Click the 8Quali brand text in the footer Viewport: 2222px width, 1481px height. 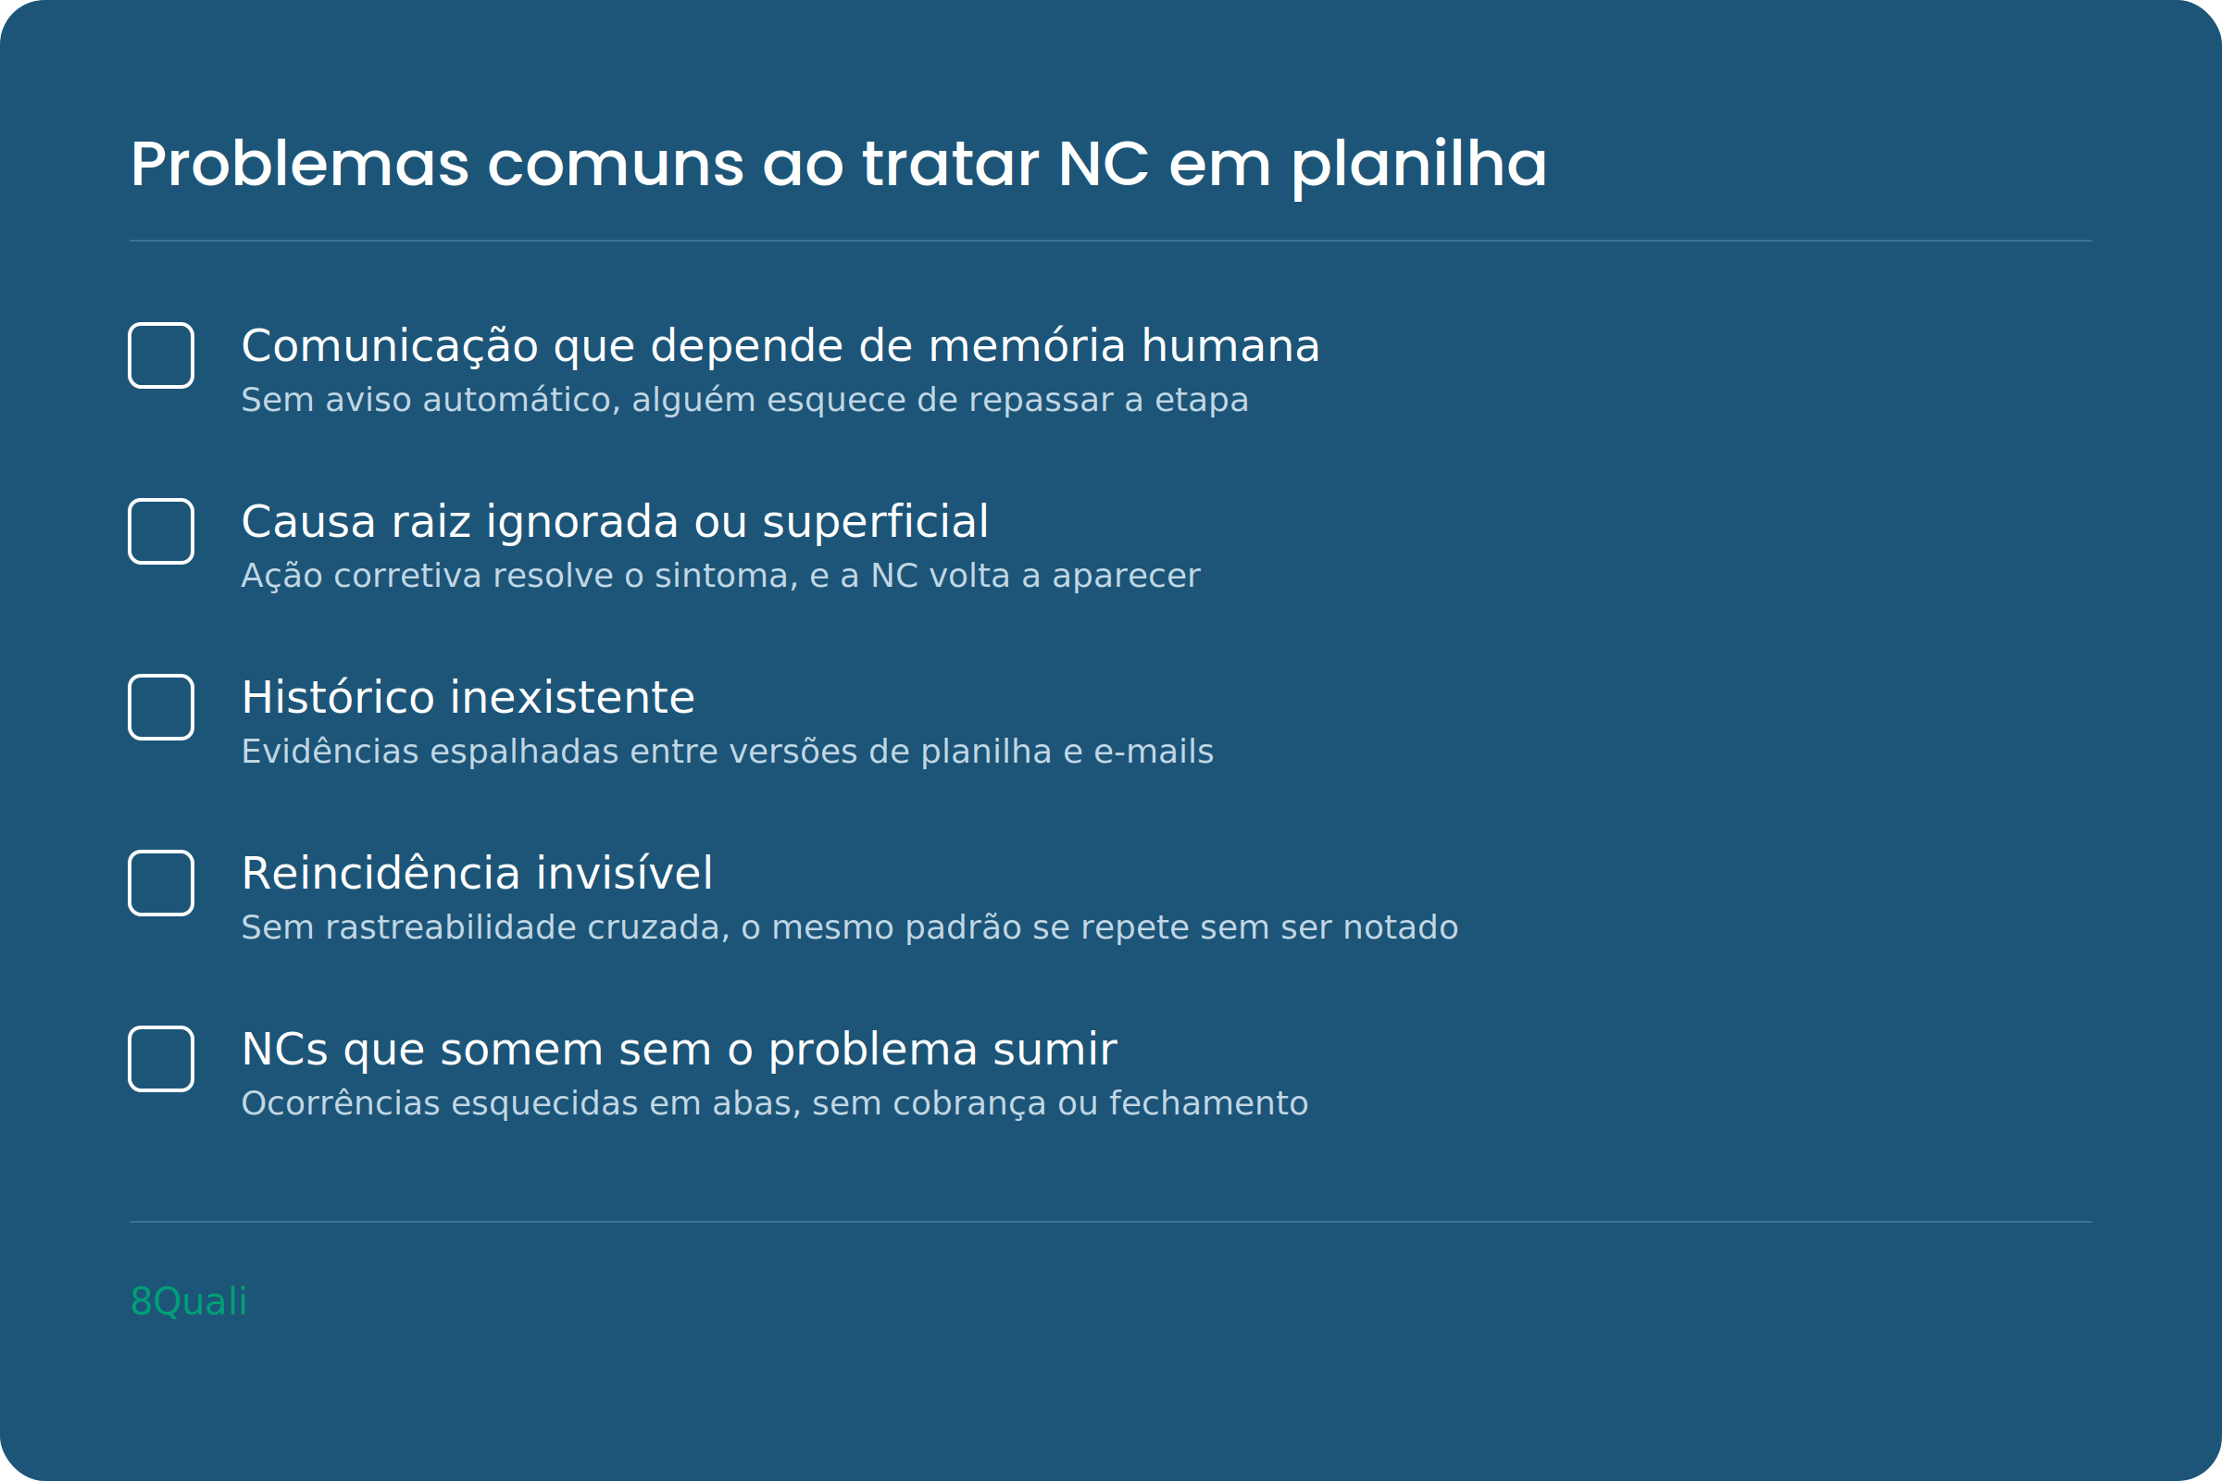pyautogui.click(x=189, y=1301)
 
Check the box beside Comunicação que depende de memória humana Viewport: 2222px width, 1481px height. pyautogui.click(x=161, y=355)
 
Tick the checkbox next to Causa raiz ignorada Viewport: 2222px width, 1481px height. pyautogui.click(x=161, y=530)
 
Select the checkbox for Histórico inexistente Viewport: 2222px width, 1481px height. pyautogui.click(x=161, y=706)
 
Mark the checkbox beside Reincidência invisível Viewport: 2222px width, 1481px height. pyautogui.click(x=161, y=883)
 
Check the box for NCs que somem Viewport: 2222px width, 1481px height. pyautogui.click(x=161, y=1059)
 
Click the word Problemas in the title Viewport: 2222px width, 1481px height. pyautogui.click(x=299, y=165)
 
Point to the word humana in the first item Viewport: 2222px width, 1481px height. pyautogui.click(x=1230, y=345)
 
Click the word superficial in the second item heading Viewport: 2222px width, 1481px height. pyautogui.click(x=876, y=522)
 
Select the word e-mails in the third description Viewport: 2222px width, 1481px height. pyautogui.click(x=1154, y=752)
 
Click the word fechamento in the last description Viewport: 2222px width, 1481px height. pyautogui.click(x=1208, y=1103)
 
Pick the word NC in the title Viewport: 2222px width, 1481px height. pyautogui.click(x=1104, y=165)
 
